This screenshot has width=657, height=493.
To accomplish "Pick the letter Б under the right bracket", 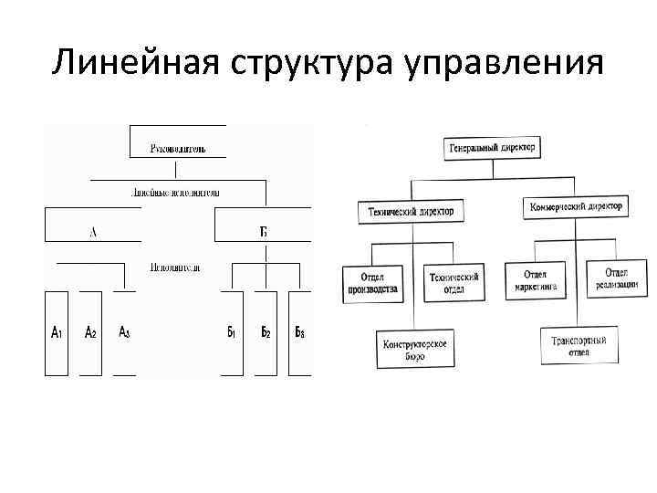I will [x=263, y=233].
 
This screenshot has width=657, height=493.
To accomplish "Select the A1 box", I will [x=56, y=333].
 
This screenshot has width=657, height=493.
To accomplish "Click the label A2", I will [x=91, y=333].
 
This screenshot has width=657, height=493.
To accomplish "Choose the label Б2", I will [x=266, y=333].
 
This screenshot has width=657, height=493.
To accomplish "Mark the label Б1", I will [x=232, y=333].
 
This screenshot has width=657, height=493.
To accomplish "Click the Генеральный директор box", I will [x=493, y=146].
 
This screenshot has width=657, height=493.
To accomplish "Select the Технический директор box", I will [x=411, y=211].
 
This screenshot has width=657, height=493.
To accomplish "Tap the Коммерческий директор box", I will [x=577, y=207].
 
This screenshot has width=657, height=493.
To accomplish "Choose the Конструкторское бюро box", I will [x=416, y=348].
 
